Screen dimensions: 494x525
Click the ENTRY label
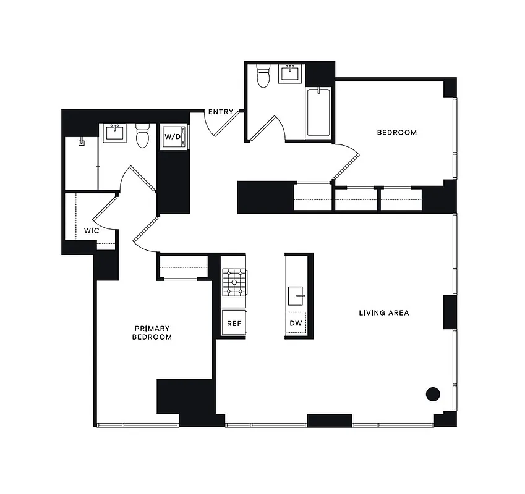click(x=221, y=112)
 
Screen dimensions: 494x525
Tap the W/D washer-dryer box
click(x=173, y=136)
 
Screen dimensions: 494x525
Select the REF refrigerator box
click(x=234, y=323)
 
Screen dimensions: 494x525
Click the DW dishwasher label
click(x=296, y=323)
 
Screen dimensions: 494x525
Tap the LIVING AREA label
click(x=383, y=313)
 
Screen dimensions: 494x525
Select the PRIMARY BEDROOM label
click(x=152, y=333)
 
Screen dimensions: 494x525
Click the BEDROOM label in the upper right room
click(x=397, y=132)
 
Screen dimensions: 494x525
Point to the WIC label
click(x=92, y=230)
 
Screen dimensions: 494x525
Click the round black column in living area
click(x=433, y=393)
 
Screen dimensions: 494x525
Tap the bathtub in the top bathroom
click(x=318, y=112)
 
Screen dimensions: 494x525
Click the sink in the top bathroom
click(x=290, y=74)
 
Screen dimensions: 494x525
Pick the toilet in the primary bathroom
click(x=143, y=136)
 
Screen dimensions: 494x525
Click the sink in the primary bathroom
click(x=114, y=133)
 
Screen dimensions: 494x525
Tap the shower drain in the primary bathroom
click(x=81, y=142)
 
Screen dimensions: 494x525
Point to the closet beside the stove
click(x=183, y=266)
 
